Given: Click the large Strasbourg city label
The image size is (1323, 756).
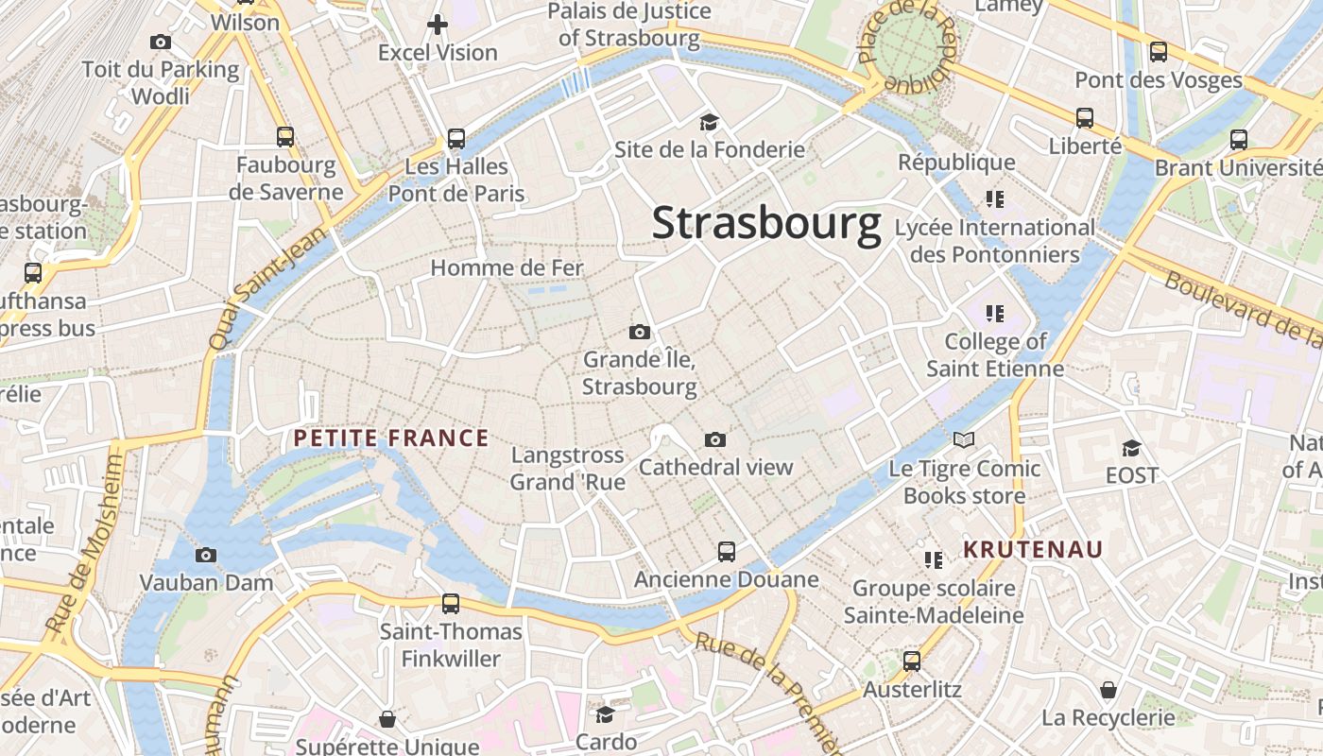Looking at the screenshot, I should coord(766,224).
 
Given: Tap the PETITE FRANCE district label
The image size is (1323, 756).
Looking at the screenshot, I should coord(390,438).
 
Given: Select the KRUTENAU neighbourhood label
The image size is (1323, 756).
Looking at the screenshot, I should coord(1033,549).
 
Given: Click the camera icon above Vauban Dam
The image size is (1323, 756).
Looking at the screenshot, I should coord(206,555).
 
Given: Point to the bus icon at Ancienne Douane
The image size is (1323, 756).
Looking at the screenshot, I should coord(726,552).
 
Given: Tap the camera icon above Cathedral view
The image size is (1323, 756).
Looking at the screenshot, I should coord(715,439).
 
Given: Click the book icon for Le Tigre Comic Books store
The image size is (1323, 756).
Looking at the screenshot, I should coord(963,440).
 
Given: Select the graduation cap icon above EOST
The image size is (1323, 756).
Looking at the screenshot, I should coord(1131,448).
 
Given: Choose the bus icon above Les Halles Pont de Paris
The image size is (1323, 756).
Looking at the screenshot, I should coord(455,139).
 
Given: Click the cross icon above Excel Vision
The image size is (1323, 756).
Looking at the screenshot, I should coord(438,25).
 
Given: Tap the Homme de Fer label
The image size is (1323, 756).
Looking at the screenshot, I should coord(507,267).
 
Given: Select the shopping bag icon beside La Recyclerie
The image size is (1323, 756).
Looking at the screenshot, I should coord(1108,690).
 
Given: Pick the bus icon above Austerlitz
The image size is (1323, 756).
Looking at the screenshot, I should coord(911,661).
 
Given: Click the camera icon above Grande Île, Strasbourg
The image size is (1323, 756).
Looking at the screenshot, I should coord(640,332).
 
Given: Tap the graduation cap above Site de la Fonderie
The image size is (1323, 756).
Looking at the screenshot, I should coord(709,122).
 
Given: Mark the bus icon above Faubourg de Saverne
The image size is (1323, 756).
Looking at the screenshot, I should coord(285,137).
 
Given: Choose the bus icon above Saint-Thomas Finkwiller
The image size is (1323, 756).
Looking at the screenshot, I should coord(451,604).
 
